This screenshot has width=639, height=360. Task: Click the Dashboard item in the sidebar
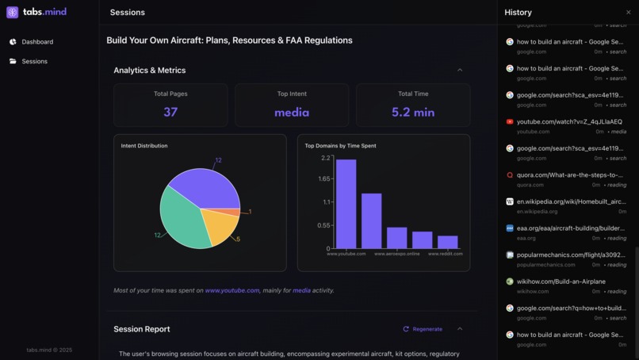click(36, 42)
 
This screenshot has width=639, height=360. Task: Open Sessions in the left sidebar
click(34, 61)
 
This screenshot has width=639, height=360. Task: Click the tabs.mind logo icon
click(13, 13)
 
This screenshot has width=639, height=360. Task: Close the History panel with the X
click(629, 13)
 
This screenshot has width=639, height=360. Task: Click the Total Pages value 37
click(170, 112)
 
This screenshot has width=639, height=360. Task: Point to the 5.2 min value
click(413, 112)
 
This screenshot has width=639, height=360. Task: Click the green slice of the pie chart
click(181, 222)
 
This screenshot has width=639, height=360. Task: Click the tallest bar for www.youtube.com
click(346, 205)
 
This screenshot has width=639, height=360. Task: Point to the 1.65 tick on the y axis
click(325, 179)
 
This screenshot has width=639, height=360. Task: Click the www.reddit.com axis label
click(445, 254)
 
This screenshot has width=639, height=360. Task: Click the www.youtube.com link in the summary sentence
click(231, 290)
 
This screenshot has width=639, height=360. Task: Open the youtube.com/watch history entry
click(569, 122)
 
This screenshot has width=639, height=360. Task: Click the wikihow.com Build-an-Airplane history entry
click(561, 281)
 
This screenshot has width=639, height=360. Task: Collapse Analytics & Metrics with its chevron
click(460, 70)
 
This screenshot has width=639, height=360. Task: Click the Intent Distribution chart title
click(144, 146)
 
